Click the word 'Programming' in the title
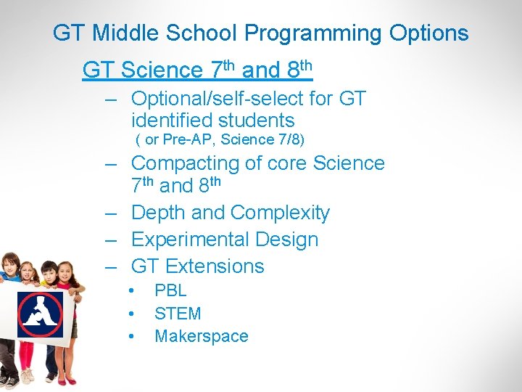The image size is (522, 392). click(313, 33)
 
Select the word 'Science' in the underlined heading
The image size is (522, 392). click(162, 70)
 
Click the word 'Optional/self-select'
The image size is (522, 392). click(233, 98)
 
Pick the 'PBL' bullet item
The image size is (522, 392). click(170, 290)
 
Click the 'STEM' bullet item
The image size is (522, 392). click(178, 314)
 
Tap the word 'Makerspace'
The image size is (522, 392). click(202, 337)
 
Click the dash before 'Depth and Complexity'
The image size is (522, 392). click(111, 213)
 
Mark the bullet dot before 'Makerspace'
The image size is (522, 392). click(132, 337)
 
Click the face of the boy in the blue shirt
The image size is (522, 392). click(49, 276)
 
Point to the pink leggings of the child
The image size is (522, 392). click(28, 356)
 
